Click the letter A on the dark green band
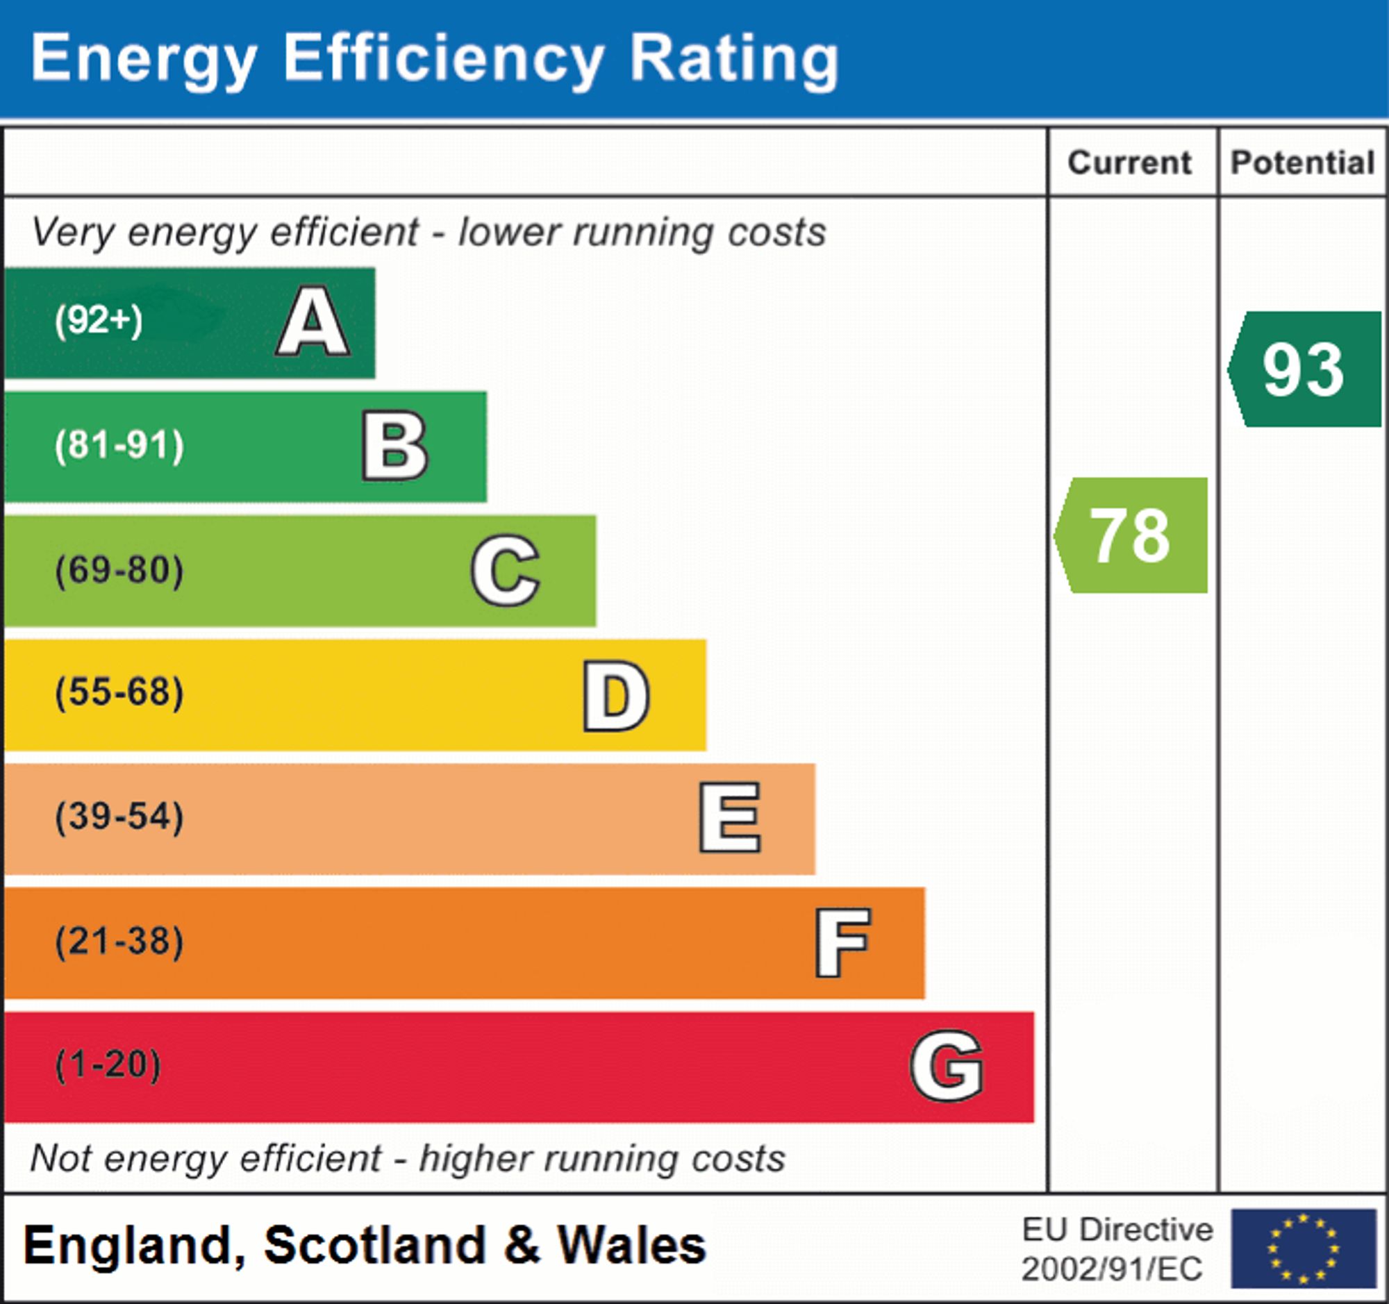coord(313,321)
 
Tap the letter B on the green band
coord(394,446)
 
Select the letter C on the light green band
coord(505,570)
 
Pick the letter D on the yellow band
coord(616,695)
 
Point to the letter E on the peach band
coord(729,817)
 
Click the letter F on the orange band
coord(842,942)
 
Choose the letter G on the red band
coord(947,1066)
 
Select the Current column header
coord(1130,162)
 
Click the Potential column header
coord(1302,162)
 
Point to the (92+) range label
coord(99,321)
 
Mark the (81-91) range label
coord(119,445)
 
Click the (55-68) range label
coord(119,693)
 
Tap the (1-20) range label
coord(108,1065)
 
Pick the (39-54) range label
coord(119,817)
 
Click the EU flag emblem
coord(1303,1248)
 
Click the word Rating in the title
coord(733,60)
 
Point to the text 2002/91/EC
coord(1112,1269)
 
